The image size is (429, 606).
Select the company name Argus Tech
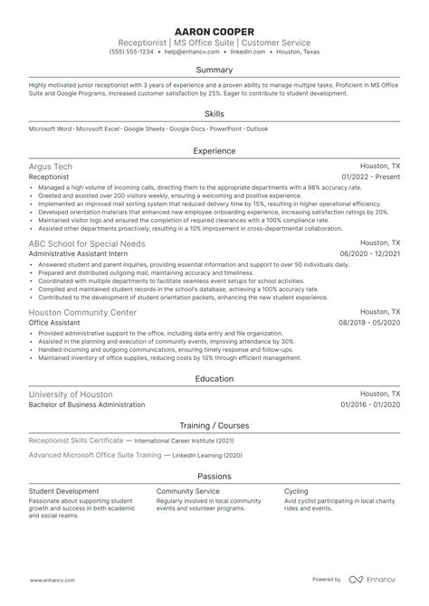tap(51, 167)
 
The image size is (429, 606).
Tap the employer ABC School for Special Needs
tap(86, 243)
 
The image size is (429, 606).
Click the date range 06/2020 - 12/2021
tap(369, 255)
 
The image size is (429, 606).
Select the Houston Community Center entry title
tap(83, 312)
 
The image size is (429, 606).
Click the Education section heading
tap(214, 380)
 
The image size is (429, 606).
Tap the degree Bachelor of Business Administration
tap(86, 405)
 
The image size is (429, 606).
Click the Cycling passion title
tap(297, 491)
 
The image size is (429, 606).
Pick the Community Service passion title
tap(188, 491)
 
